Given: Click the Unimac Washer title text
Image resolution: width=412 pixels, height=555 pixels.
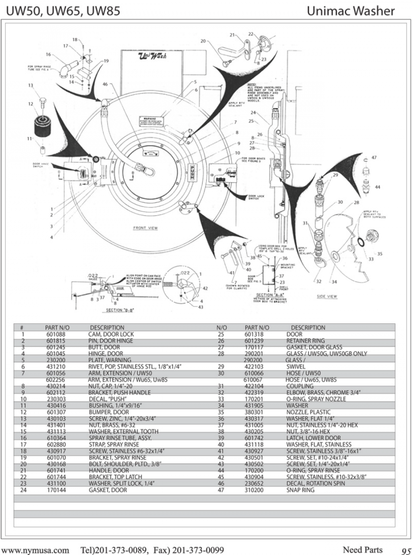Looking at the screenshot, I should (x=351, y=11).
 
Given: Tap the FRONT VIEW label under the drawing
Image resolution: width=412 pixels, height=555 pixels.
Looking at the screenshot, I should (x=146, y=228).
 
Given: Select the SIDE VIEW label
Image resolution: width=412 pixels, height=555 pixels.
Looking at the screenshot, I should (x=327, y=296).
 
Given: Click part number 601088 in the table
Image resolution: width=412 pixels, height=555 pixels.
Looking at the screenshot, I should (x=56, y=335).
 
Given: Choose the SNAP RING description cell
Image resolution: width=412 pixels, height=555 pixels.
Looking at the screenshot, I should (x=300, y=490).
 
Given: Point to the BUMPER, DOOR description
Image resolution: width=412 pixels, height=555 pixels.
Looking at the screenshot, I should (x=106, y=412).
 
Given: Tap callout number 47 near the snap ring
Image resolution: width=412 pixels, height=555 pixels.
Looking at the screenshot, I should (x=374, y=157).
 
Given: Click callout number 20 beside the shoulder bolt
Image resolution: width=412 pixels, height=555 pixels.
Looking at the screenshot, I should (x=203, y=41).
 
